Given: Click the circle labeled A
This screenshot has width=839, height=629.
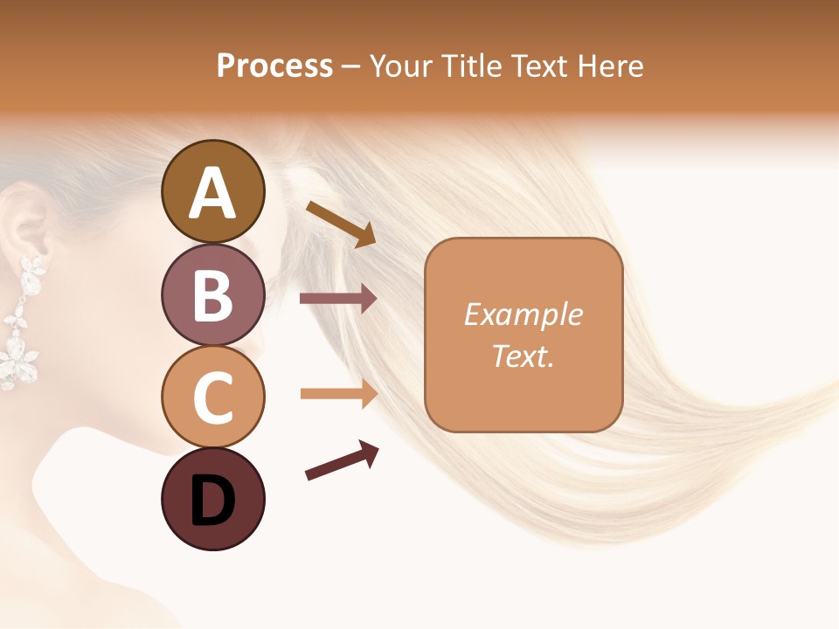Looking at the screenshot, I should click(212, 191).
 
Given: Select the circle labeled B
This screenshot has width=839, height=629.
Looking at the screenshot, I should click(212, 294).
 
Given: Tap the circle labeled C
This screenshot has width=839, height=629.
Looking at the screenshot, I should click(212, 397).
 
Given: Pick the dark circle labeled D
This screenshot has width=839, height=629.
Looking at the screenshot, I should click(212, 500).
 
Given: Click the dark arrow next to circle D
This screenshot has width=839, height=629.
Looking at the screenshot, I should click(342, 461).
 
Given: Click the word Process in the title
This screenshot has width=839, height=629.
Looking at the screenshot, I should click(274, 66).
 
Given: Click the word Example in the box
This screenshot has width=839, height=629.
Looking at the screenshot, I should click(523, 314).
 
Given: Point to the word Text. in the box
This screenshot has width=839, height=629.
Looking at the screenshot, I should click(523, 356).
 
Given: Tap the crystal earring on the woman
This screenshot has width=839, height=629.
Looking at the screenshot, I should click(21, 323).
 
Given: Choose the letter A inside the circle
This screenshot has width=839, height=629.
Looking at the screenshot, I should click(212, 193).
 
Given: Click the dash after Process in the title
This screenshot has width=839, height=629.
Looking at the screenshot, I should click(351, 66).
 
